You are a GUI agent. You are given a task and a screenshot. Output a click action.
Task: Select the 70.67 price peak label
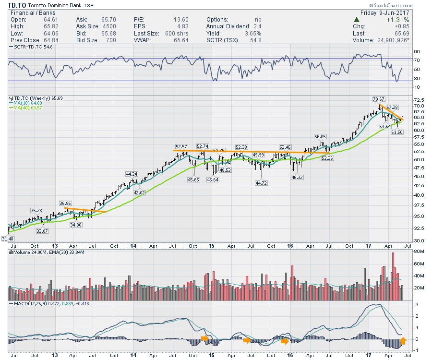379,99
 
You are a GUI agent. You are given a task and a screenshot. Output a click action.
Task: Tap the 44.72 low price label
262,183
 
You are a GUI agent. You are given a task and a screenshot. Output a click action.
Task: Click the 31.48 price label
8,238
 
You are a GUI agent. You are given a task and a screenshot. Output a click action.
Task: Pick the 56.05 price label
321,136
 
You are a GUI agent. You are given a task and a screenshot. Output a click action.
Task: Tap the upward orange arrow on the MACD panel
403,341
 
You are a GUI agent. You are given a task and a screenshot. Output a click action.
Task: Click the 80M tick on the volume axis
418,252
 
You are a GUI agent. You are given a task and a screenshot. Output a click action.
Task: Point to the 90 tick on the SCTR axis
417,51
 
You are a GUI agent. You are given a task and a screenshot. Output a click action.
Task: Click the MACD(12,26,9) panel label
30,304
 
